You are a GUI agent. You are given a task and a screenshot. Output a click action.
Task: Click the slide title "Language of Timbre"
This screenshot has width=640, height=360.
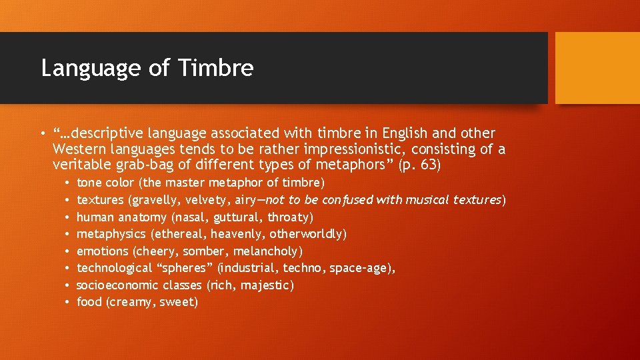[147, 68]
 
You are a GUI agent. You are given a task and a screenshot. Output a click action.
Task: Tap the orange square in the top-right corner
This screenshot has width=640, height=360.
[597, 68]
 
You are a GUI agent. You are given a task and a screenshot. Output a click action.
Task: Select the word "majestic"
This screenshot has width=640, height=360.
[266, 285]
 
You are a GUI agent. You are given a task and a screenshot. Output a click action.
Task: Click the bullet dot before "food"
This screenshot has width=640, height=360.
[68, 303]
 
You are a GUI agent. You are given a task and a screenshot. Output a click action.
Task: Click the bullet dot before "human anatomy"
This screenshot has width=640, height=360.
[68, 217]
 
